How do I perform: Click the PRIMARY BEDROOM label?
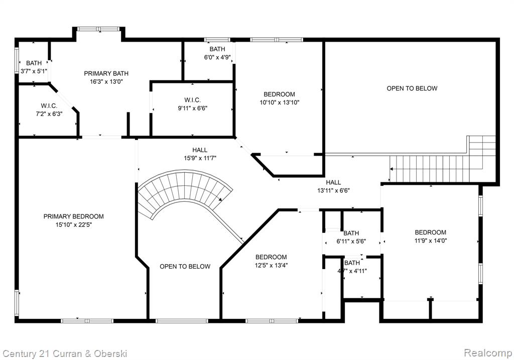73,216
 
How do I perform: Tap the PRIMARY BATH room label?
106,73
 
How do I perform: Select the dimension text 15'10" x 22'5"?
74,225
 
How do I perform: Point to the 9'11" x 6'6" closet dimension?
192,108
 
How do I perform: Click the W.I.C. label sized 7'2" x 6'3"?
49,106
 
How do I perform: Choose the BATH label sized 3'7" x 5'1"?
34,63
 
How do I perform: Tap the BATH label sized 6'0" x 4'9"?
217,49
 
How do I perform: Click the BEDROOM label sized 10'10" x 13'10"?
279,94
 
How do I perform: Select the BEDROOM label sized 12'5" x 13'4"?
271,257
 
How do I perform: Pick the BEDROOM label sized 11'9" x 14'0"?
430,232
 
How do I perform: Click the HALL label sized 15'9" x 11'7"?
200,150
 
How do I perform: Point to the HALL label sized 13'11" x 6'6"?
333,182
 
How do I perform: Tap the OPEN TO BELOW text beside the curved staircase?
185,267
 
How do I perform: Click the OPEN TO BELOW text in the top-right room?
412,88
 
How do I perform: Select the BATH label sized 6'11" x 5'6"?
351,233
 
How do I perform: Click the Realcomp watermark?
488,353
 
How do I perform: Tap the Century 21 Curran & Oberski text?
65,354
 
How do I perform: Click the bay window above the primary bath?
99,29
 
